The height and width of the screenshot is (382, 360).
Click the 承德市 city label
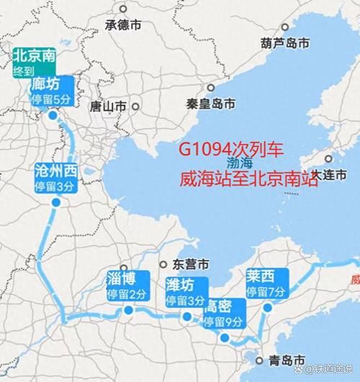click(125, 25)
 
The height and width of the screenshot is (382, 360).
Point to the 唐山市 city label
click(109, 106)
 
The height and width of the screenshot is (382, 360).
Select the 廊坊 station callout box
click(51, 92)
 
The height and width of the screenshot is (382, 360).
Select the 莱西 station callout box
click(266, 283)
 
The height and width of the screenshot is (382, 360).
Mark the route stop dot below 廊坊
click(53, 115)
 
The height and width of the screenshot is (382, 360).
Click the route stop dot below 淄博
click(128, 311)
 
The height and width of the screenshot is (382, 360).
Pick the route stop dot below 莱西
click(266, 308)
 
